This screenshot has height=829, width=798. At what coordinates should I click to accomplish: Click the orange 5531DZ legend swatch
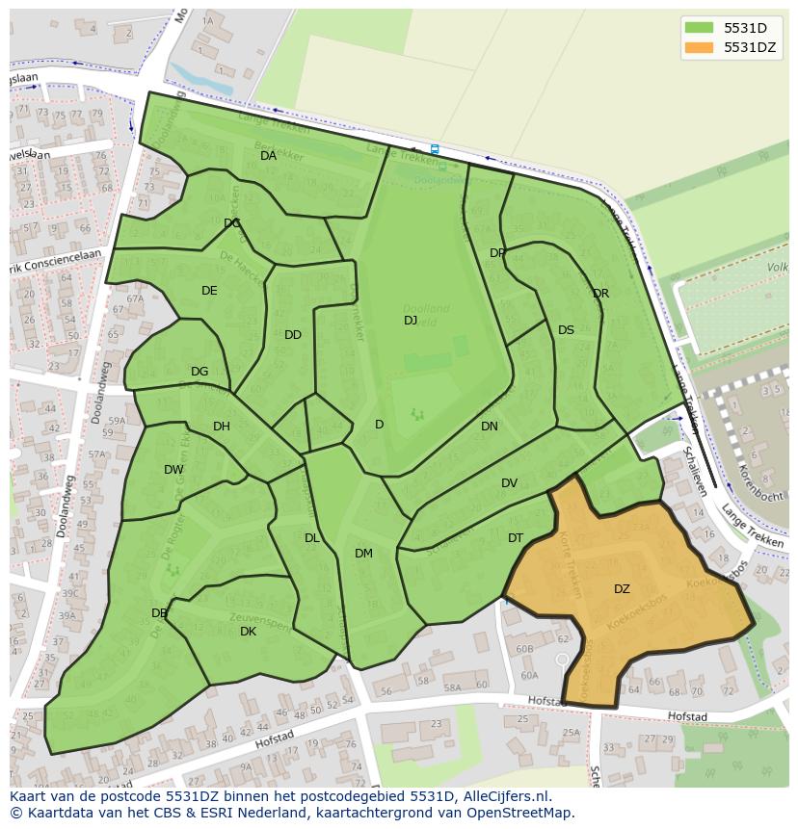(701, 47)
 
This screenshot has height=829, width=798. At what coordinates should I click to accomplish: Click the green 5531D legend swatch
(701, 27)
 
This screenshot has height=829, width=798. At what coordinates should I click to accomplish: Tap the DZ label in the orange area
(622, 589)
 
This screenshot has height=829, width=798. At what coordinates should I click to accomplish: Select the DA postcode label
(268, 156)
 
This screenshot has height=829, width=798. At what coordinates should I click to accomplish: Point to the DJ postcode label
(411, 321)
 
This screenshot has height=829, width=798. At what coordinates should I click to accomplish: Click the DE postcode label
(209, 291)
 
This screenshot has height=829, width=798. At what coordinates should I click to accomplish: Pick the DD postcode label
(293, 335)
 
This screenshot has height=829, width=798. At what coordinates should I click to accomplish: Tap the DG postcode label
(199, 372)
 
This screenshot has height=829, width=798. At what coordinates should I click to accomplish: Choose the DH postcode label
(222, 427)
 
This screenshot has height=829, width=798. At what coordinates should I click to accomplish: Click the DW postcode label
(173, 470)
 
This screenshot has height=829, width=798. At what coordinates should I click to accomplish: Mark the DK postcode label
(248, 632)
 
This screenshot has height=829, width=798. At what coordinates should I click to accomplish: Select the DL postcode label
(311, 538)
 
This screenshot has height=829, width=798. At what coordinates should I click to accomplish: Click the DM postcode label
(363, 554)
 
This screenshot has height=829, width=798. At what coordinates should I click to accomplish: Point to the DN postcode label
(490, 427)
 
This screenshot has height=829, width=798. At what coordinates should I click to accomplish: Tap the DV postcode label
(509, 483)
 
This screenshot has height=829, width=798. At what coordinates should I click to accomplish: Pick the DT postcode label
(516, 538)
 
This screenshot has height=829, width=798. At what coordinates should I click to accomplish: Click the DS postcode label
(566, 330)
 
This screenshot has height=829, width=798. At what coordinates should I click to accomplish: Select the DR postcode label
(600, 294)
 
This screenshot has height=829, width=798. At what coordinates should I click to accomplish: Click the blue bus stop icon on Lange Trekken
(435, 149)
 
